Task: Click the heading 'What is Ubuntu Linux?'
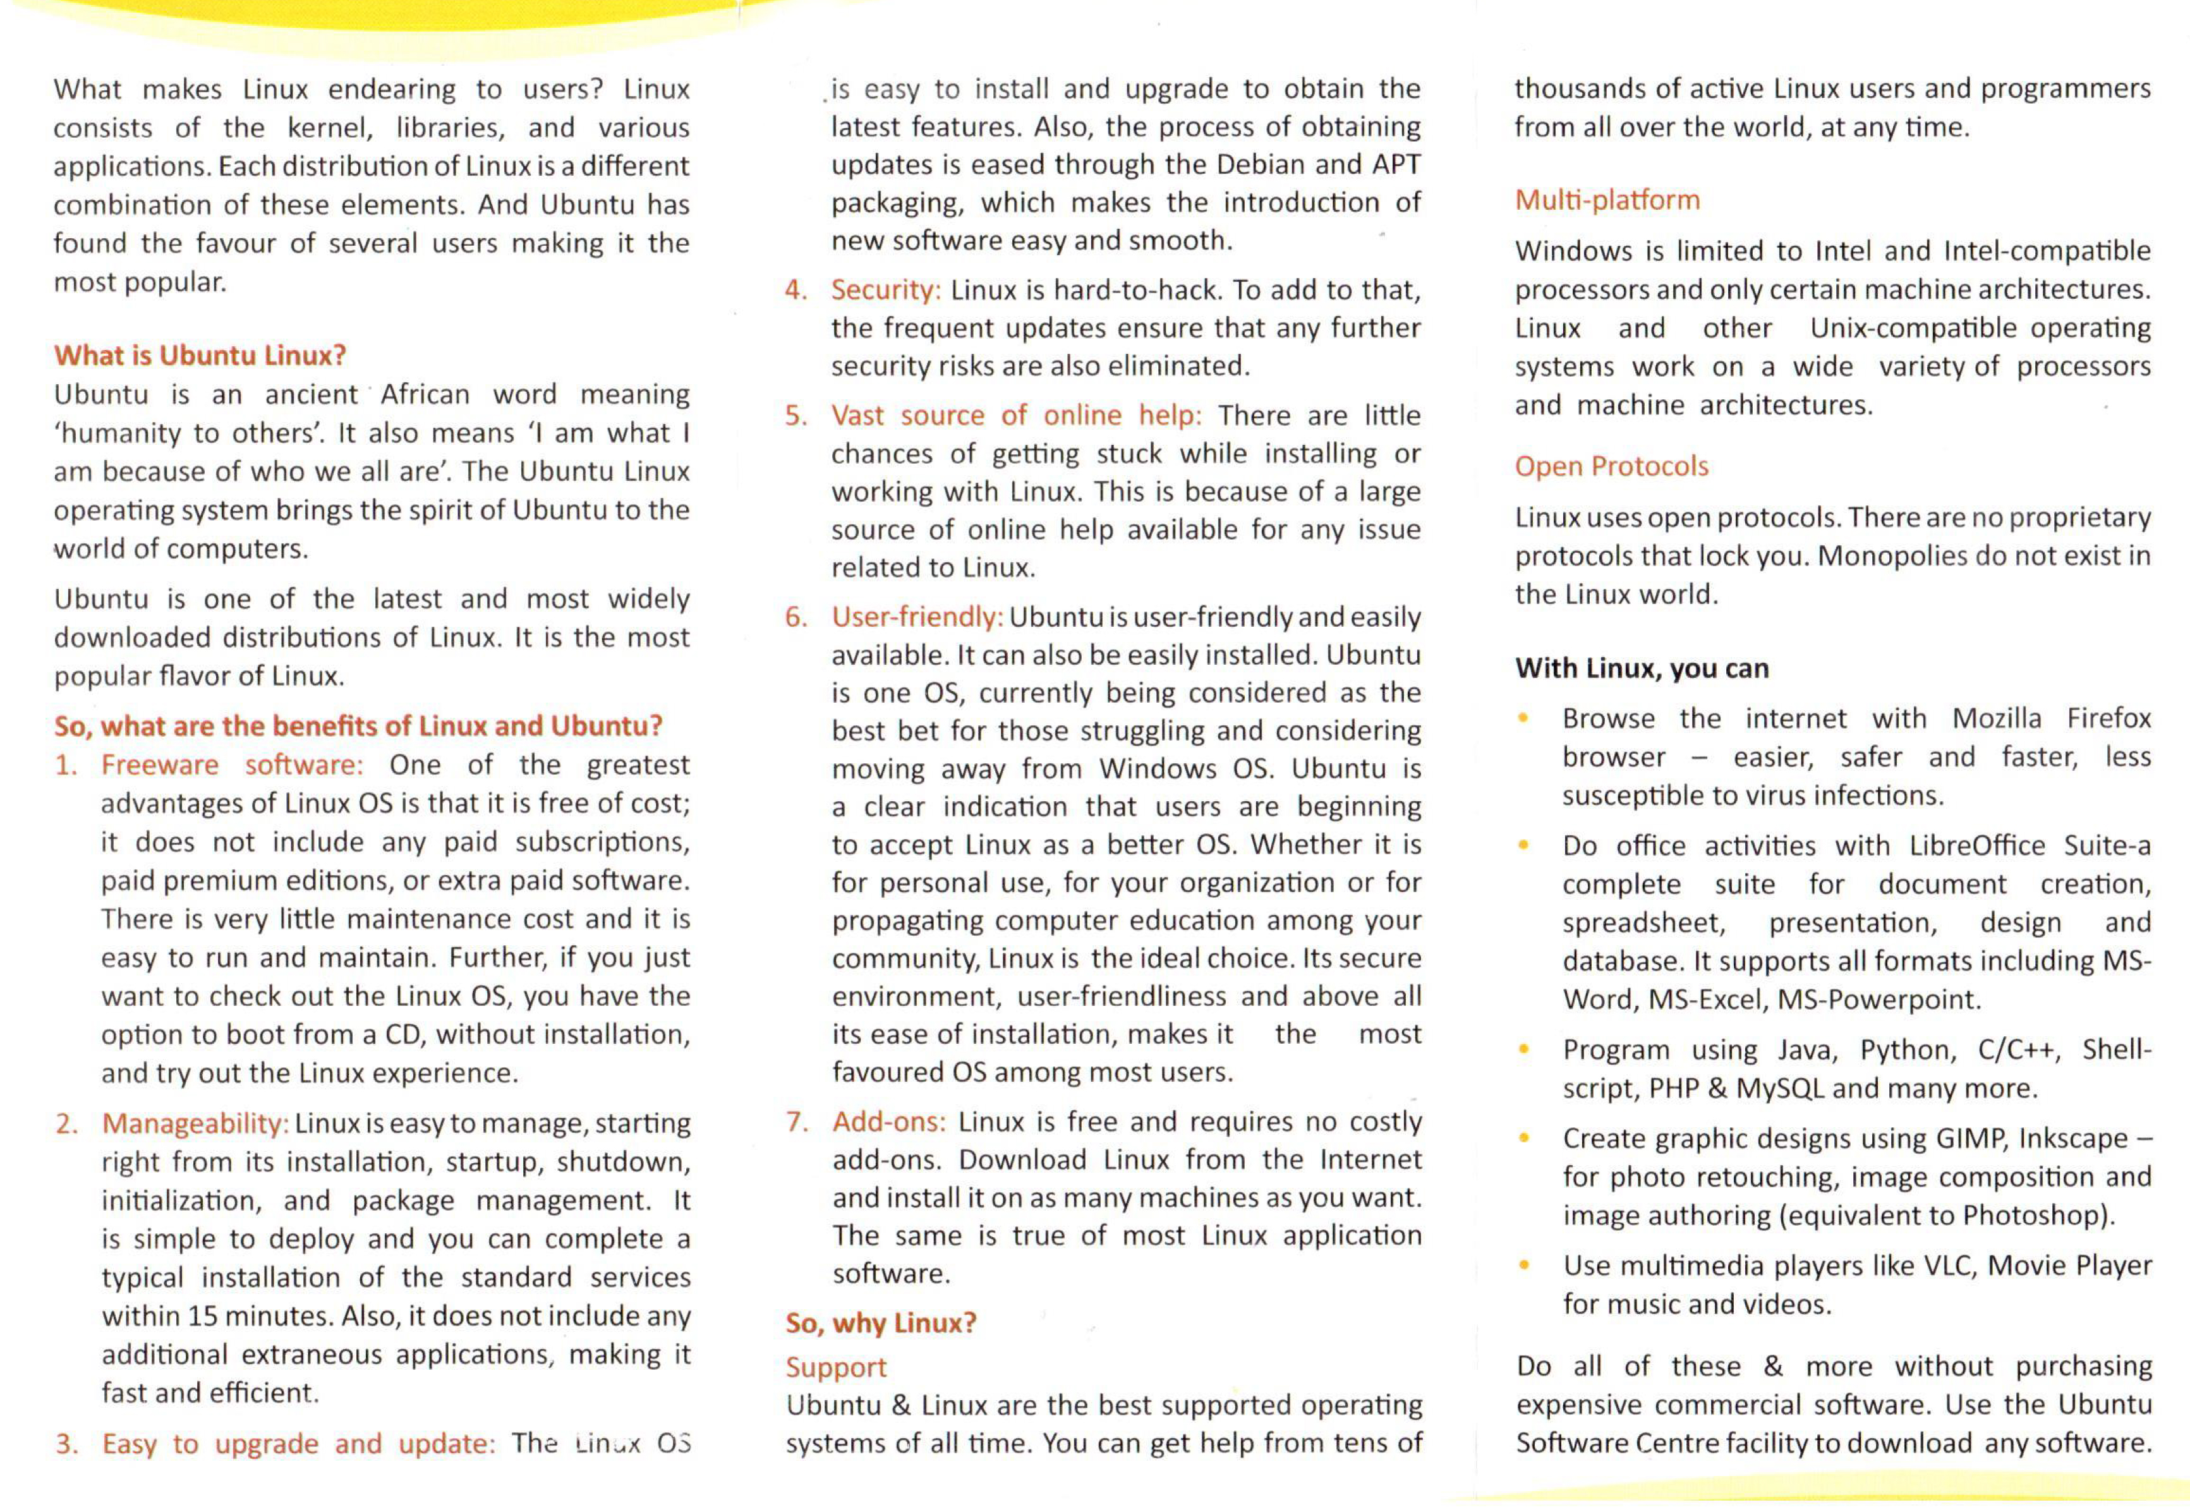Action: click(x=200, y=355)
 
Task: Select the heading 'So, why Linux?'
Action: click(x=880, y=1322)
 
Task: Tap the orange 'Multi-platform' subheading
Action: click(x=1607, y=200)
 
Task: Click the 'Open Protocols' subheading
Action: click(x=1611, y=466)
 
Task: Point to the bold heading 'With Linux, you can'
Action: click(x=1641, y=669)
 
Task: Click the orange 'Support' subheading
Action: click(x=835, y=1367)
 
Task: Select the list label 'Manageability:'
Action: click(x=194, y=1123)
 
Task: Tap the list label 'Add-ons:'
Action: click(x=888, y=1122)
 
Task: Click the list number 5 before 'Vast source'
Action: click(x=795, y=416)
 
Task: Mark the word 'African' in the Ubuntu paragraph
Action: click(x=425, y=394)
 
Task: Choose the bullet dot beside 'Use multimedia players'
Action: click(x=1523, y=1265)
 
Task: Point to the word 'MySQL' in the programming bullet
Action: click(x=1779, y=1089)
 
